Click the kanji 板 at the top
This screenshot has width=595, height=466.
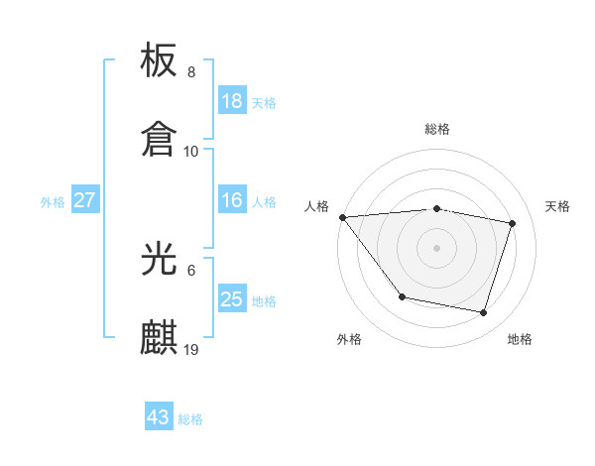pyautogui.click(x=160, y=62)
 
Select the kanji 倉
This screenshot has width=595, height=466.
pyautogui.click(x=160, y=138)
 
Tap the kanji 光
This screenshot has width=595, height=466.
pyautogui.click(x=160, y=261)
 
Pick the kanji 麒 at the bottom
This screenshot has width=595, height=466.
pyautogui.click(x=160, y=337)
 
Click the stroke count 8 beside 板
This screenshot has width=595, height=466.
pyautogui.click(x=191, y=73)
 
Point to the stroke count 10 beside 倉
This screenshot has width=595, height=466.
pyautogui.click(x=191, y=151)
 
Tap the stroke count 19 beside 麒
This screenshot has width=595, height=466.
pyautogui.click(x=191, y=349)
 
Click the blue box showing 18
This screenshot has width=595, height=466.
pyautogui.click(x=231, y=101)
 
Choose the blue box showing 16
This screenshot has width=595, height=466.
pyautogui.click(x=231, y=201)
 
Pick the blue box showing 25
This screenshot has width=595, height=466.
pyautogui.click(x=231, y=299)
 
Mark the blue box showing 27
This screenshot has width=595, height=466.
pyautogui.click(x=84, y=201)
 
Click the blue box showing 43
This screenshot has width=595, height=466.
pyautogui.click(x=159, y=417)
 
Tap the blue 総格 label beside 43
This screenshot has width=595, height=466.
pyautogui.click(x=190, y=419)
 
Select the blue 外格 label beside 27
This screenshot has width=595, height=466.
pyautogui.click(x=53, y=202)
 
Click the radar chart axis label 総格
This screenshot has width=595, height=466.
pyautogui.click(x=436, y=129)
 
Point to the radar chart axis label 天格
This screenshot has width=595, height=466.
pyautogui.click(x=557, y=206)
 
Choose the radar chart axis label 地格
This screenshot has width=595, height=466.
pyautogui.click(x=520, y=339)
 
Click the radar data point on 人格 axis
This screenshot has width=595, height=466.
pyautogui.click(x=342, y=217)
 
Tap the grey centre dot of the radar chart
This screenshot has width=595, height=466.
pyautogui.click(x=436, y=247)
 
